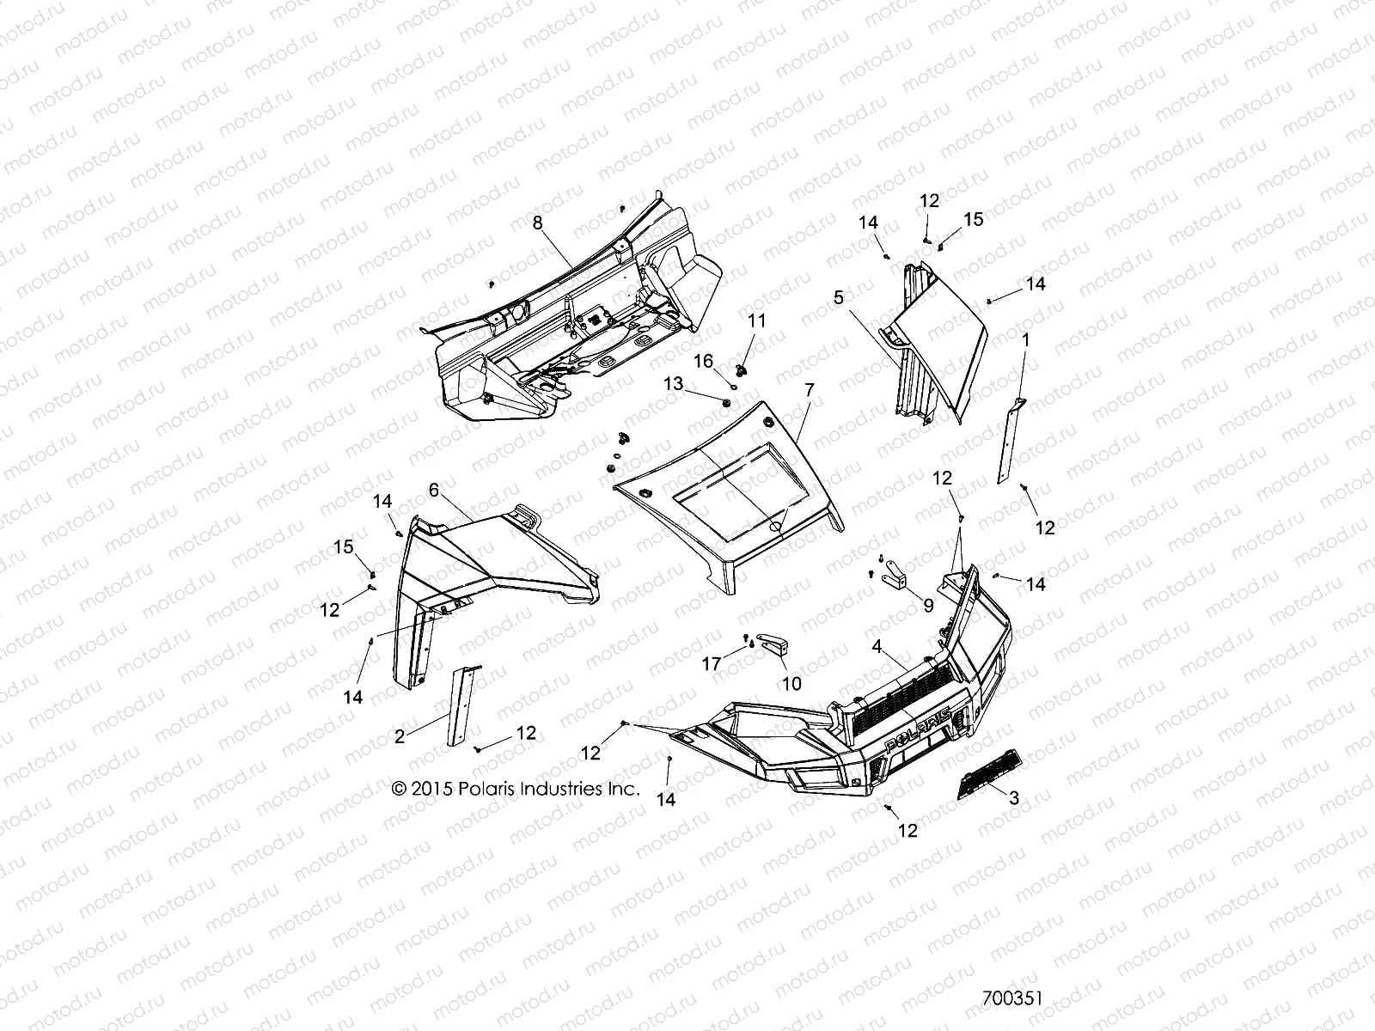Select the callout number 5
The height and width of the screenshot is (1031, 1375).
[x=838, y=297]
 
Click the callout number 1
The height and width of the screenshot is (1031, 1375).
[x=1025, y=339]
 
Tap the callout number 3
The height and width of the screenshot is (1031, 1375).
[x=1014, y=797]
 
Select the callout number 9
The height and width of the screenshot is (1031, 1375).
[x=927, y=605]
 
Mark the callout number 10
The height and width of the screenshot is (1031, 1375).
[x=791, y=683]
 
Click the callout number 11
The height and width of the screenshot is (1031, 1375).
[x=755, y=320]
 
